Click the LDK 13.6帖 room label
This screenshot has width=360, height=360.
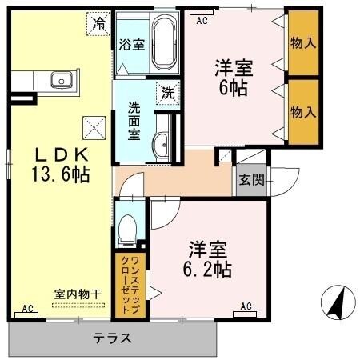[x=60, y=163]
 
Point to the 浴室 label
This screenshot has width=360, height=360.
[x=132, y=45]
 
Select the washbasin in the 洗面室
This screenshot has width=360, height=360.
[x=159, y=143]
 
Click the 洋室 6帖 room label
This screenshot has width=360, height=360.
[x=232, y=77]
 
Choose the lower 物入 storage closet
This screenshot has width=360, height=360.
[x=302, y=111]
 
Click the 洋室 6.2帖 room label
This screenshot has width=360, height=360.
[x=210, y=257]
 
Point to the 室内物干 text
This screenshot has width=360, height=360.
[x=78, y=294]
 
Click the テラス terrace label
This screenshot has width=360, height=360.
[x=113, y=338]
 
